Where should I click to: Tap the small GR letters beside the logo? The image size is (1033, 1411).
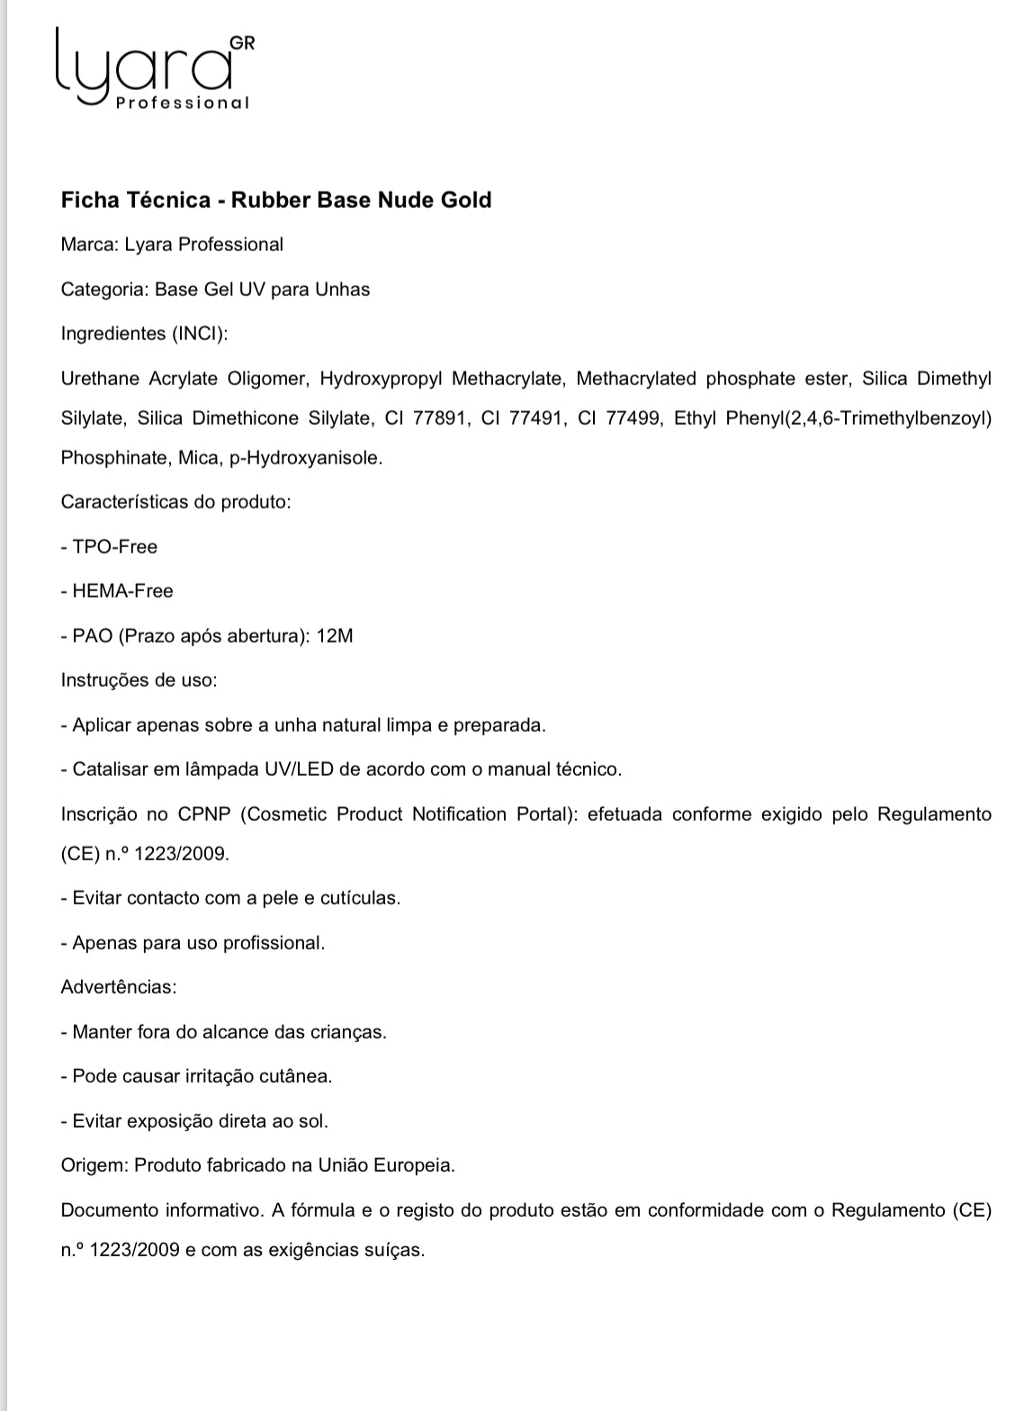pos(242,42)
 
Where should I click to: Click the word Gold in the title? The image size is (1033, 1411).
pos(465,200)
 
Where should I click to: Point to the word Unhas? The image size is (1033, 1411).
pos(342,290)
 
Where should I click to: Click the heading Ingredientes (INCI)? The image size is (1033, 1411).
pos(144,334)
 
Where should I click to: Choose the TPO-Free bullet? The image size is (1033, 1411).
pos(114,547)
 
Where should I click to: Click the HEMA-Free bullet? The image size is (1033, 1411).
pos(122,591)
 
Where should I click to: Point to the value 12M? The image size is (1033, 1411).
pos(336,636)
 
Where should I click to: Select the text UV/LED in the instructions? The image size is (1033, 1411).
pos(298,769)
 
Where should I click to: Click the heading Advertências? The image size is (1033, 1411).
pos(119,987)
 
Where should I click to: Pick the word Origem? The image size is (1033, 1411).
pos(93,1165)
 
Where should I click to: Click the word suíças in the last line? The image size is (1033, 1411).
pos(394,1251)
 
